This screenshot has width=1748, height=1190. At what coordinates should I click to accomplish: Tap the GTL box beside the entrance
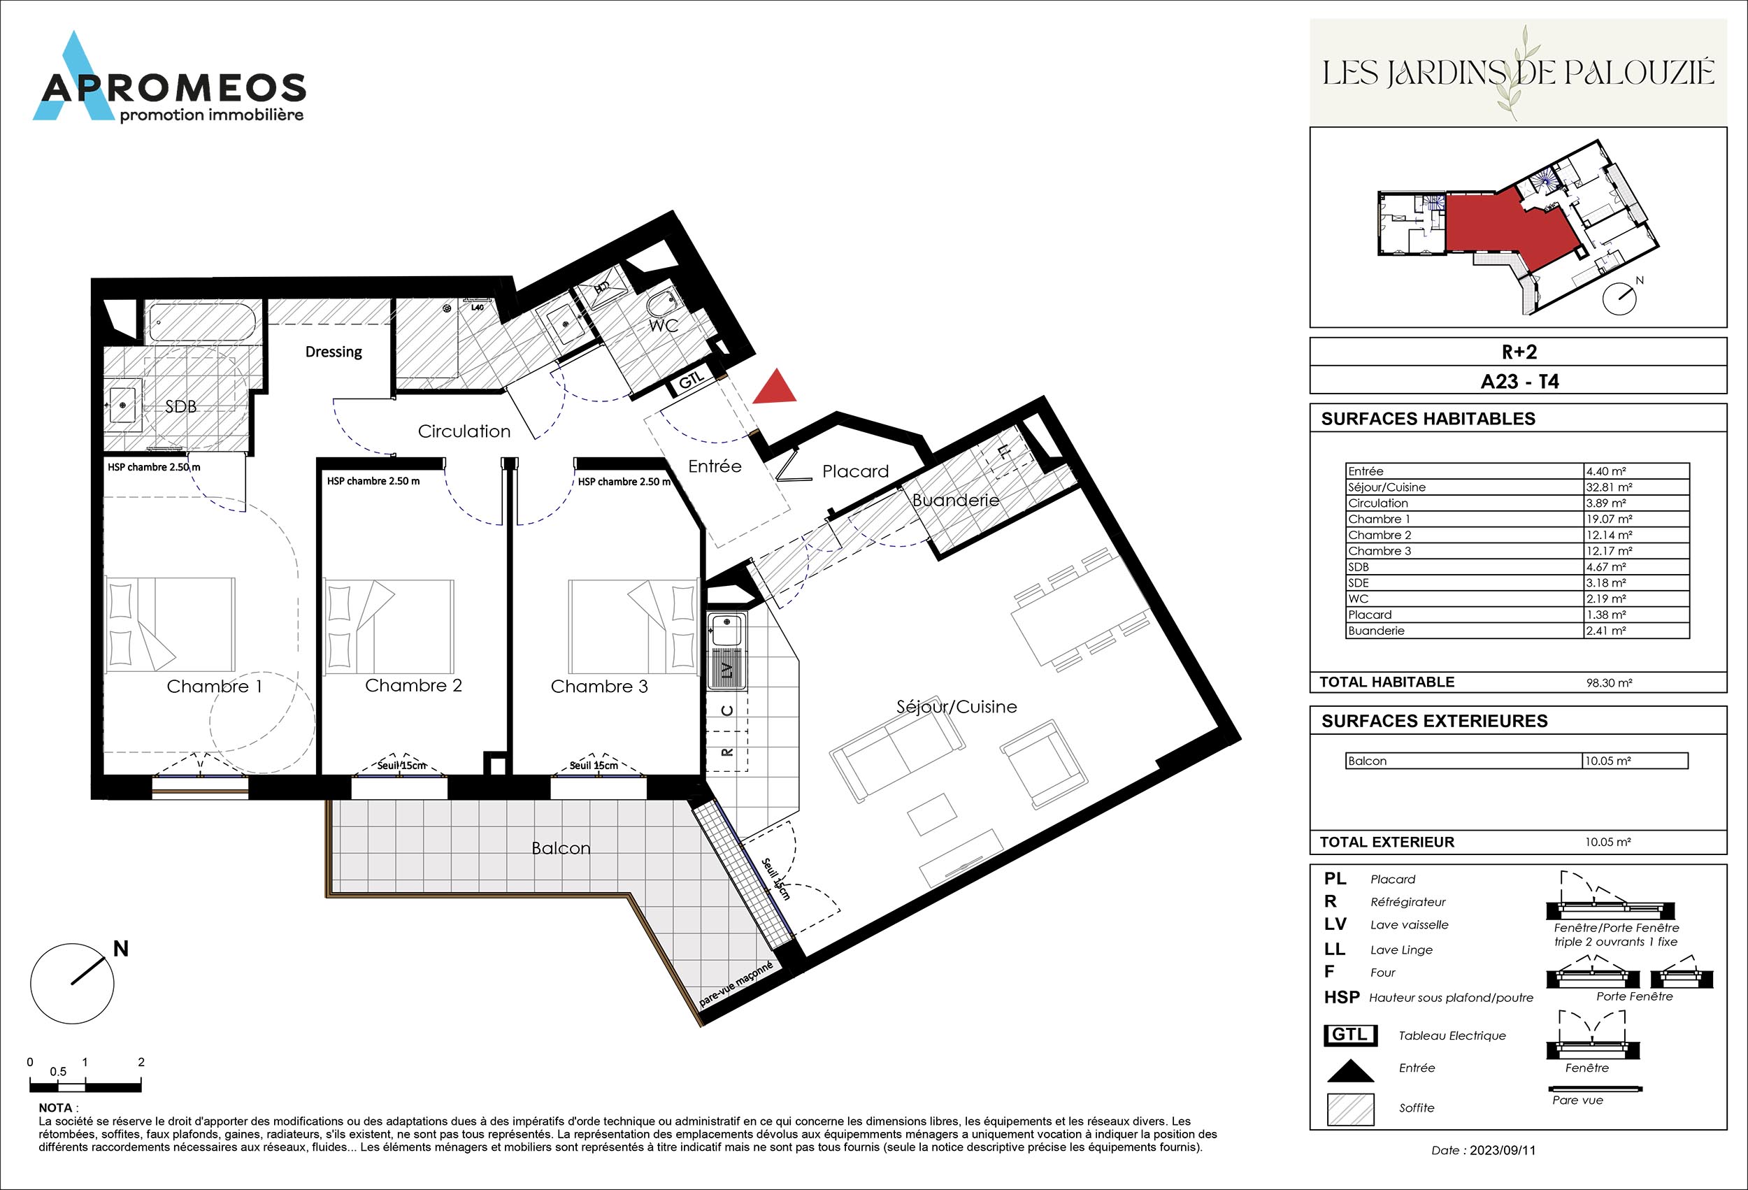(x=692, y=381)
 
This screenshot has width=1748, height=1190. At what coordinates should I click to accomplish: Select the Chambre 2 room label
(x=413, y=685)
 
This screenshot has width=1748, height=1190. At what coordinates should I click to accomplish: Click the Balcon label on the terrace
(x=560, y=847)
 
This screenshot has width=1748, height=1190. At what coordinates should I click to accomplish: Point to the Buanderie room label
(x=955, y=500)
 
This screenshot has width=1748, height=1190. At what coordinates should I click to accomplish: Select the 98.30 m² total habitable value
(x=1608, y=683)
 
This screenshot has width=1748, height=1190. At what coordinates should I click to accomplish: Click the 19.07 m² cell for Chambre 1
(x=1609, y=519)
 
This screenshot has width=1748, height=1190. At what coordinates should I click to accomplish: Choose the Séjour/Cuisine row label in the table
(x=1387, y=487)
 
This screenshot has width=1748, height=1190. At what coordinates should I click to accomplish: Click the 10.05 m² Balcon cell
(x=1608, y=761)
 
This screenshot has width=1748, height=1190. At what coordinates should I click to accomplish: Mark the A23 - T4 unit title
(x=1519, y=381)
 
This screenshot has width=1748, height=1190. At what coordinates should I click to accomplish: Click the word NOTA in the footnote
(x=56, y=1108)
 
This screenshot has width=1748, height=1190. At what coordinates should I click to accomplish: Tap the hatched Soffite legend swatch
(x=1350, y=1109)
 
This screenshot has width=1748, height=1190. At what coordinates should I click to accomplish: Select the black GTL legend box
(x=1350, y=1035)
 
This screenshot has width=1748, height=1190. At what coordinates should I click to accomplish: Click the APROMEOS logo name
(x=173, y=89)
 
